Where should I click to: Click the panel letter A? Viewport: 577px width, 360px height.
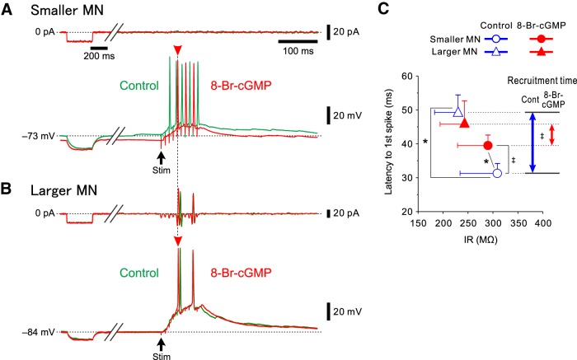[x=7, y=10]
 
